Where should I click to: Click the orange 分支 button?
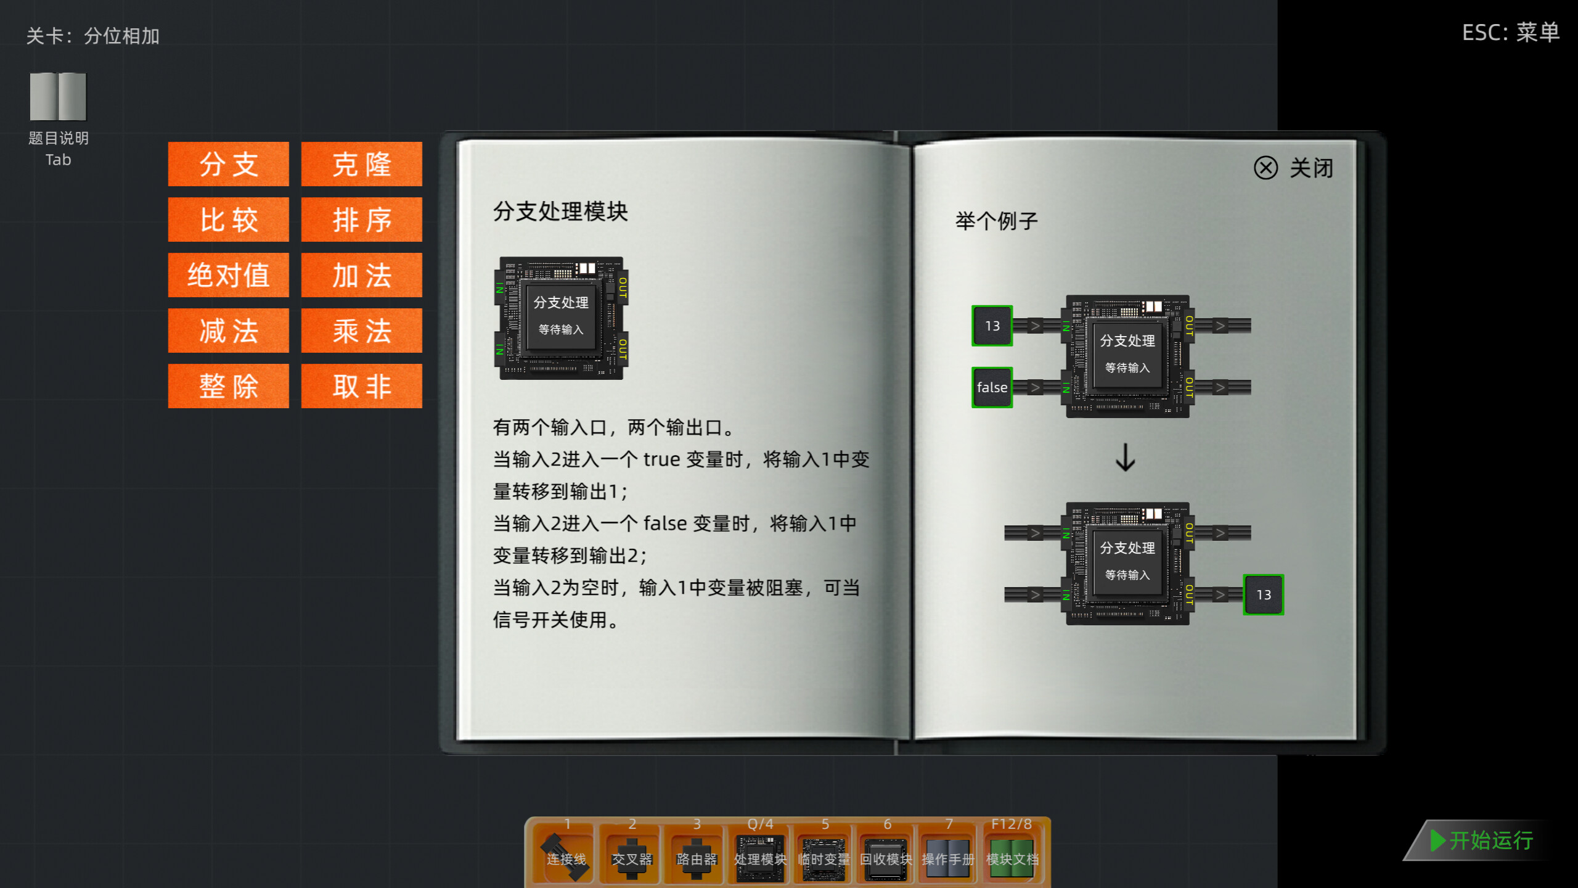pyautogui.click(x=228, y=164)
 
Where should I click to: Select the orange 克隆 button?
pyautogui.click(x=361, y=164)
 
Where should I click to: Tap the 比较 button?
pyautogui.click(x=228, y=220)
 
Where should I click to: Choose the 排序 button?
pyautogui.click(x=361, y=220)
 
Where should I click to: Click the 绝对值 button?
pyautogui.click(x=228, y=275)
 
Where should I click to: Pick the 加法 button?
pyautogui.click(x=361, y=275)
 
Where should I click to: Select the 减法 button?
pyautogui.click(x=228, y=331)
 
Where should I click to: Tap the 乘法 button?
pyautogui.click(x=361, y=331)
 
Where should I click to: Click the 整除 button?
pyautogui.click(x=228, y=386)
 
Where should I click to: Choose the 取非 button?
pyautogui.click(x=361, y=386)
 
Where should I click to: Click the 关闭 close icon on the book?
pyautogui.click(x=1266, y=168)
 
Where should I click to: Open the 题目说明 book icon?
pyautogui.click(x=58, y=97)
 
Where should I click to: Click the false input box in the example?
pyautogui.click(x=992, y=387)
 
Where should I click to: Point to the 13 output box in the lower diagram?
pyautogui.click(x=1263, y=594)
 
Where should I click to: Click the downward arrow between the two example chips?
pyautogui.click(x=1126, y=458)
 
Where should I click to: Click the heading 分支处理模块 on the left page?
pyautogui.click(x=560, y=212)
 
